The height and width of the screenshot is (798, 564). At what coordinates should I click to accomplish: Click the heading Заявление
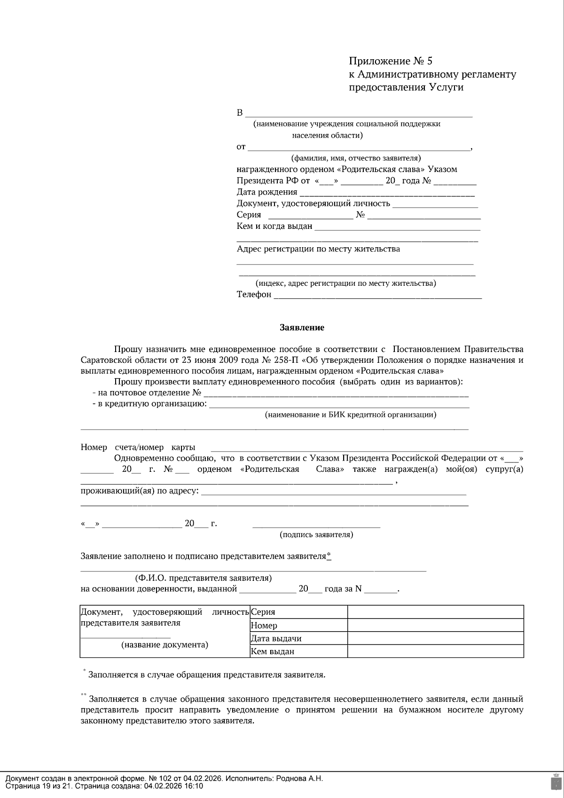(302, 328)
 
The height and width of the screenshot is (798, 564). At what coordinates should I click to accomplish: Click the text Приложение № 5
(390, 61)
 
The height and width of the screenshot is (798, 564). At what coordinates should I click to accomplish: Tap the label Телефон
(254, 295)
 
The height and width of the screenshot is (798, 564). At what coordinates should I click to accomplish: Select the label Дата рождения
(266, 192)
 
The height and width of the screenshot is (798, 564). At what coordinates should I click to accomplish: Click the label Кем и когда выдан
(274, 226)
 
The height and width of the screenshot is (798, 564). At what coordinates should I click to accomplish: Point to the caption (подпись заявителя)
(316, 534)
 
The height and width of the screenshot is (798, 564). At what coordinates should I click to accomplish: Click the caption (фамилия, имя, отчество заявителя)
(356, 158)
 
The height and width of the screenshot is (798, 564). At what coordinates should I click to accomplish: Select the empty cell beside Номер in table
(435, 625)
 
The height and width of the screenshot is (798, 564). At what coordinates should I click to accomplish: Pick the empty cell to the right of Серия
(435, 612)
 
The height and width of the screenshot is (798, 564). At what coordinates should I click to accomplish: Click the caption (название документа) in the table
(164, 644)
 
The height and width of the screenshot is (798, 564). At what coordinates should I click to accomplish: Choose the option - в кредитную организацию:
(150, 404)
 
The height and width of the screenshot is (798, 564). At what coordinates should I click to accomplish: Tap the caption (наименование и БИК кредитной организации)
(350, 415)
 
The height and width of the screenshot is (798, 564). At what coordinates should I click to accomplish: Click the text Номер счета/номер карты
(138, 447)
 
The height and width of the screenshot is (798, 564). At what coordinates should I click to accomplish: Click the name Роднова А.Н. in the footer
(299, 778)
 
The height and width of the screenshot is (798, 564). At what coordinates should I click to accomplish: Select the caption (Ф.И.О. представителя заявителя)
(203, 578)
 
